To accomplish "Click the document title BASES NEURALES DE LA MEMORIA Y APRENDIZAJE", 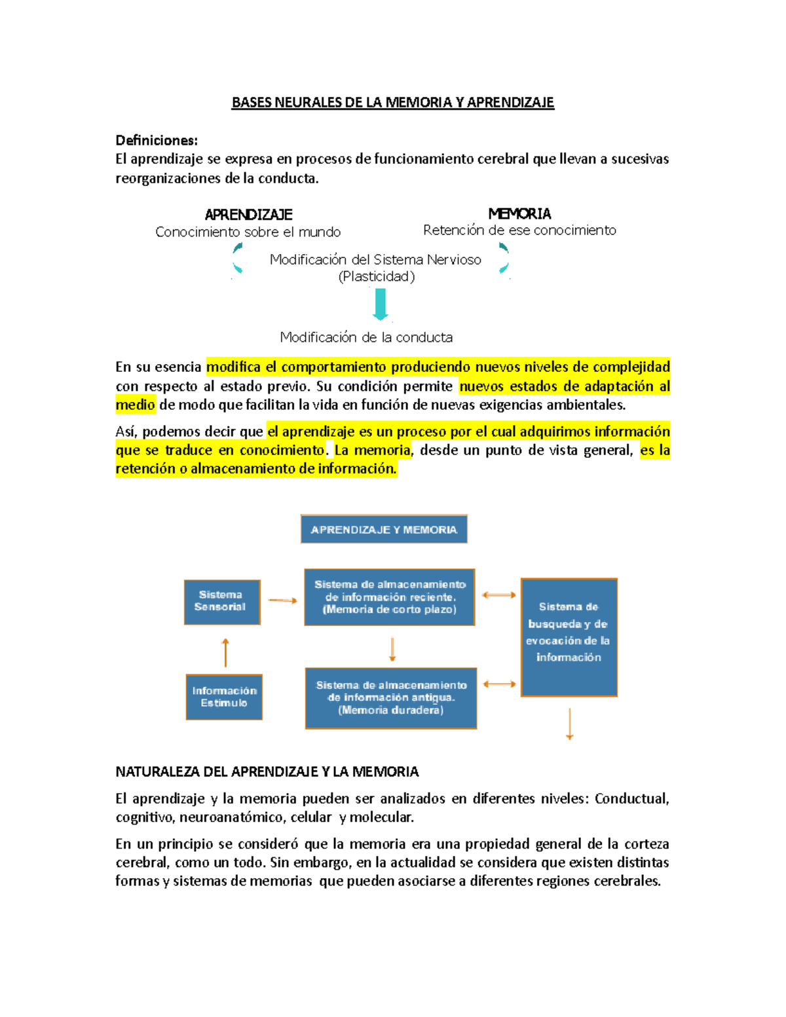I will [x=392, y=102].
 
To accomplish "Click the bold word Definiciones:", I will [x=157, y=140].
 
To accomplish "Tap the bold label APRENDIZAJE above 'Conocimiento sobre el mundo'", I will [x=248, y=215].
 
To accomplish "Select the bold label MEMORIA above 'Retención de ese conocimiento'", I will [x=519, y=213].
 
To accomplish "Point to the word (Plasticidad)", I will [x=377, y=276].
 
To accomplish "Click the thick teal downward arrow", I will [x=381, y=305].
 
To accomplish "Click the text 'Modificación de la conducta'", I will [x=366, y=337].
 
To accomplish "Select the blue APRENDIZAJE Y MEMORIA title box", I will [x=384, y=529].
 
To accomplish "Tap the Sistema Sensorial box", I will [x=221, y=601].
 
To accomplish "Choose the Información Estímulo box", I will [x=224, y=697].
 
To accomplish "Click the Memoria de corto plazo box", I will [x=390, y=597].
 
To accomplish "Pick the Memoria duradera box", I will [x=391, y=698].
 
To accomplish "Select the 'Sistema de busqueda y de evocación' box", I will [x=569, y=637].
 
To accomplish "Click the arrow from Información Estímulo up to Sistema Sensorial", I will [x=225, y=652].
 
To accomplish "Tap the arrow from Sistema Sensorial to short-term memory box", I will [x=282, y=600].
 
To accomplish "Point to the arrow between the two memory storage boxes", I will [x=392, y=649].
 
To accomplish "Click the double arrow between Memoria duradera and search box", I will [x=499, y=684].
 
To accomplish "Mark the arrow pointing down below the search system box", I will [x=570, y=724].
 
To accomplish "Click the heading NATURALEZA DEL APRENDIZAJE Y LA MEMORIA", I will [x=267, y=771].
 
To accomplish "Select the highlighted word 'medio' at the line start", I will [x=135, y=405].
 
